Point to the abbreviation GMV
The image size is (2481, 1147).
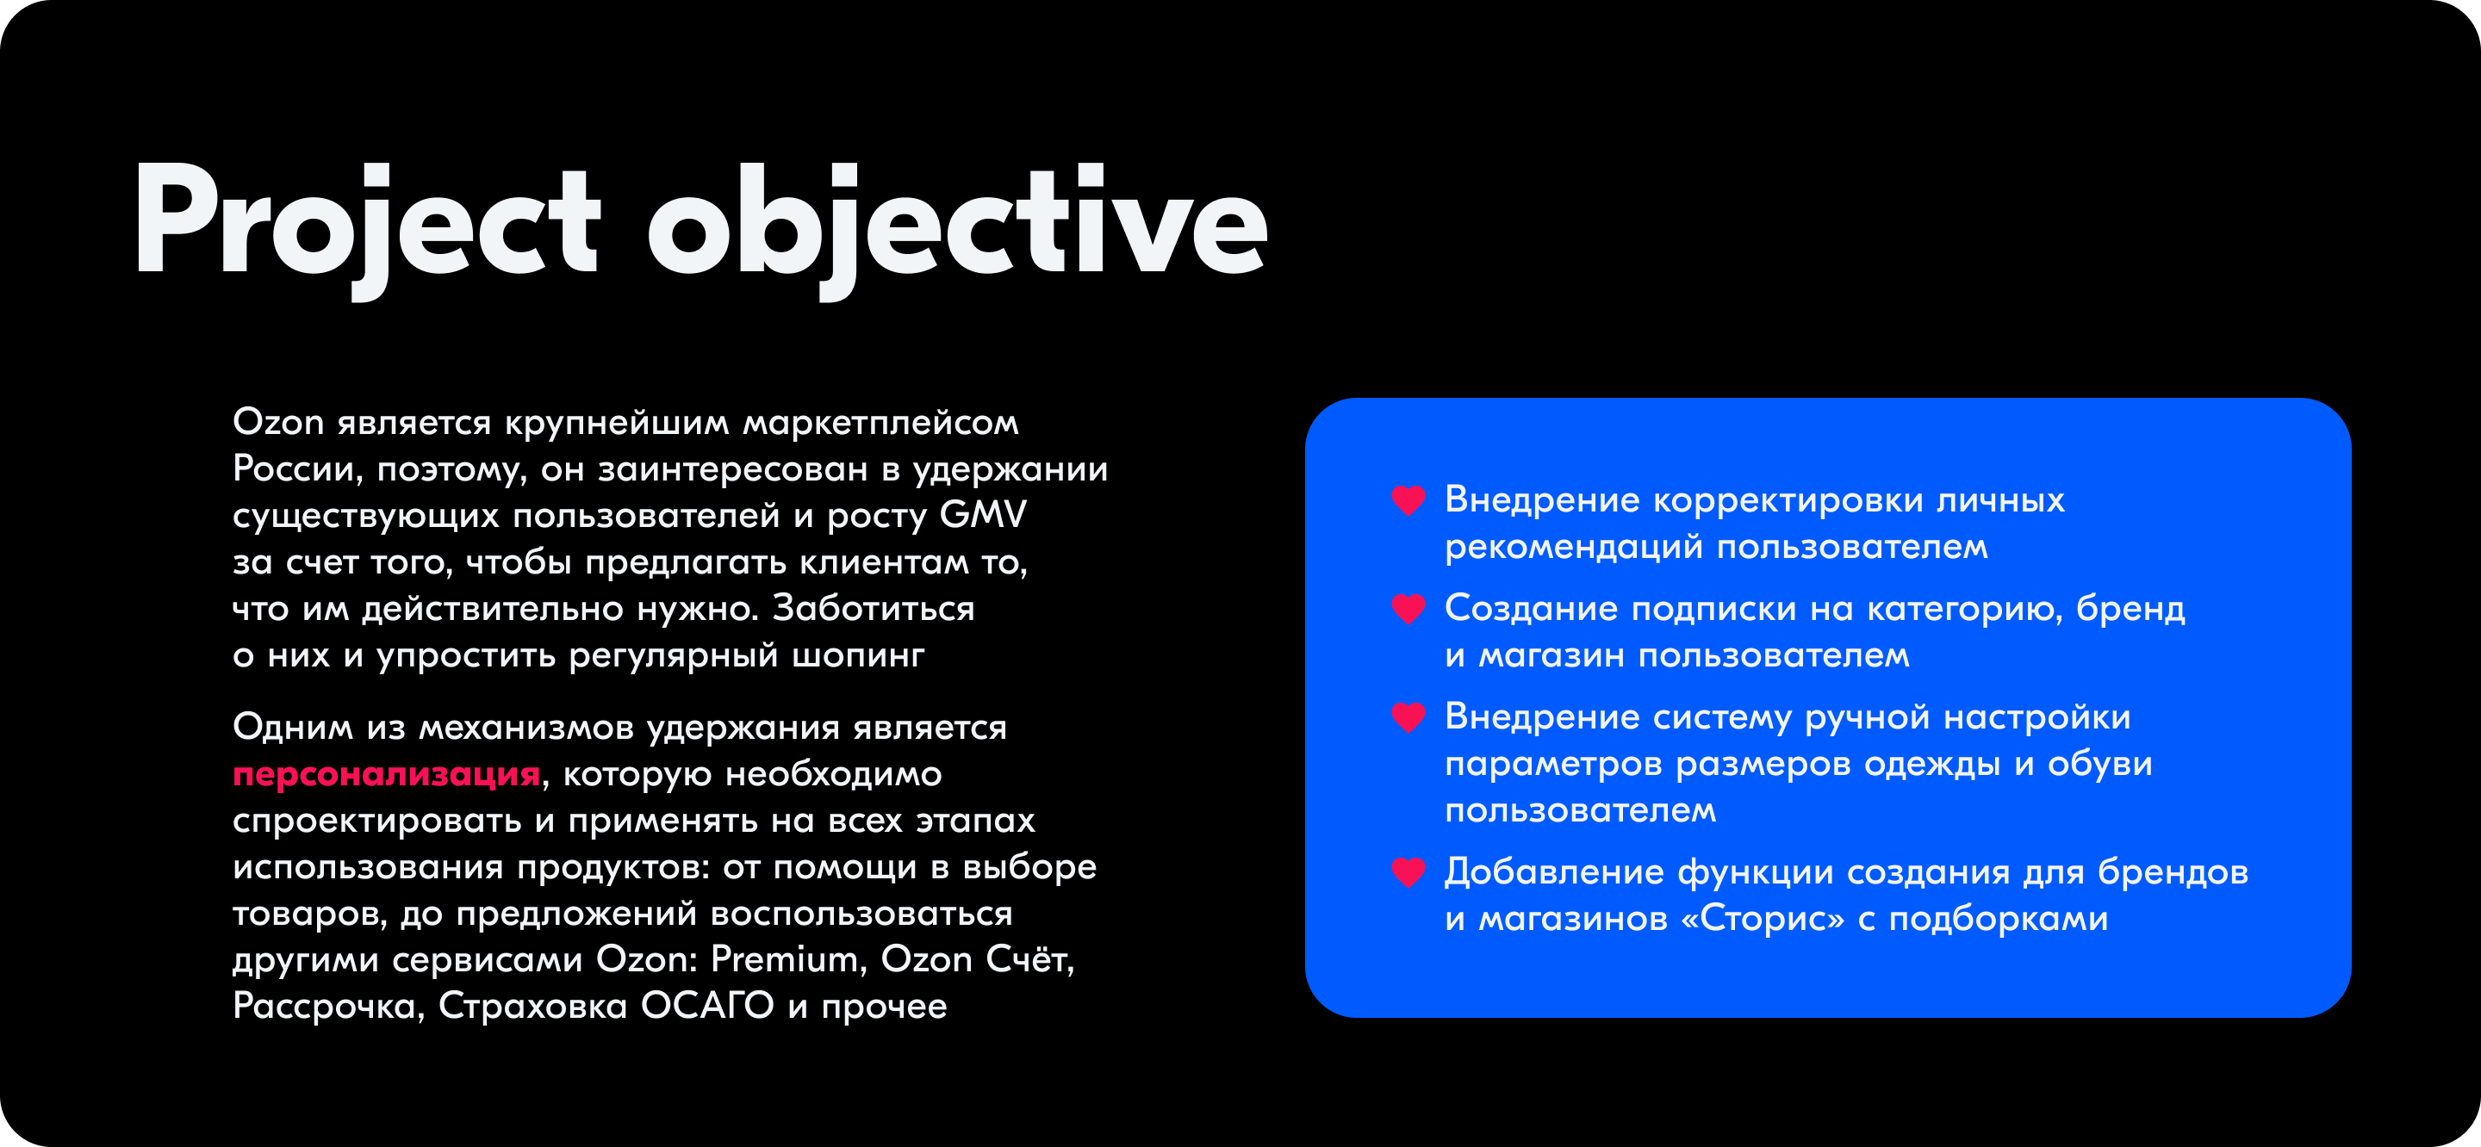coord(983,514)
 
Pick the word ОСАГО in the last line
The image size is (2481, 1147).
coord(707,1006)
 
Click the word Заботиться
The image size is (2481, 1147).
coord(874,609)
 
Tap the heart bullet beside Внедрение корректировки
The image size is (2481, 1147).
coord(1408,499)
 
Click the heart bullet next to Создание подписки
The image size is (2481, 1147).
coord(1408,609)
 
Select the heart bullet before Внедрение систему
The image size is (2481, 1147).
coord(1408,717)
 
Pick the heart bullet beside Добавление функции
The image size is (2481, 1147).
coord(1408,872)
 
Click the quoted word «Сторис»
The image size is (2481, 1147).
coord(1763,919)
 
